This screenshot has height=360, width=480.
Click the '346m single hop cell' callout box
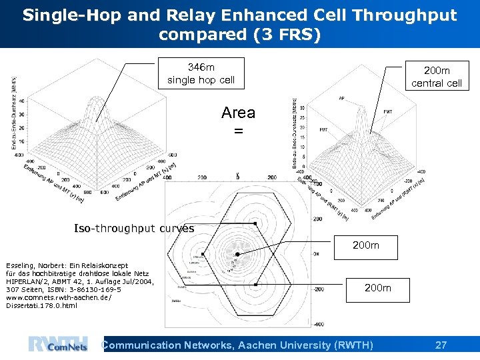point(200,73)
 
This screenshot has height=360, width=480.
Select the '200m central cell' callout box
point(436,77)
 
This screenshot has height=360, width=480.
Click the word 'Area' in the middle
point(238,113)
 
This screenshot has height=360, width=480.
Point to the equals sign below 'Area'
point(238,131)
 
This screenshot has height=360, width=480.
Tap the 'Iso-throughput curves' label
point(134,229)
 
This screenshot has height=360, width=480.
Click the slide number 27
point(441,345)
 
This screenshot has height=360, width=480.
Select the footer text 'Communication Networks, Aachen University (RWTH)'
point(237,345)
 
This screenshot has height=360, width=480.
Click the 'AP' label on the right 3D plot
point(342,98)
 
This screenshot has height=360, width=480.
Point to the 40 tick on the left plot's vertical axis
point(21,101)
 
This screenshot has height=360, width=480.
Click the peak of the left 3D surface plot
point(99,97)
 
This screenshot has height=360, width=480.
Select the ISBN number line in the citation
point(63,290)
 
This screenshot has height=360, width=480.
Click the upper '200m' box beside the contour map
point(365,245)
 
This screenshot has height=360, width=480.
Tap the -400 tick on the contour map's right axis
point(319,324)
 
